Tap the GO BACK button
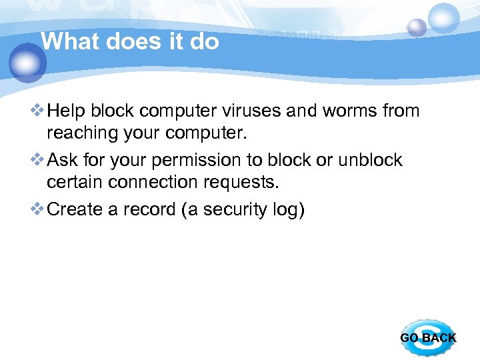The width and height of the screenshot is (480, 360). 428,337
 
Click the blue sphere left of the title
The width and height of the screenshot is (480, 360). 27,63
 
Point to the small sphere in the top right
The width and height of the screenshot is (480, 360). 417,27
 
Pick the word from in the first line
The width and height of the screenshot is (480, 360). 401,110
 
